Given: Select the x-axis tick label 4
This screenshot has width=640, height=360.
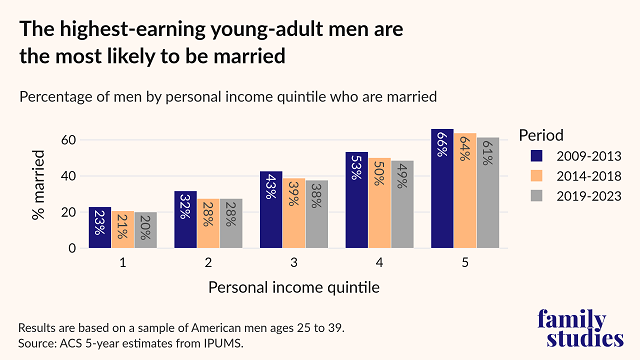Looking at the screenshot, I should (379, 262).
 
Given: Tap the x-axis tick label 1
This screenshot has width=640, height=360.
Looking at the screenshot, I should (123, 262).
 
